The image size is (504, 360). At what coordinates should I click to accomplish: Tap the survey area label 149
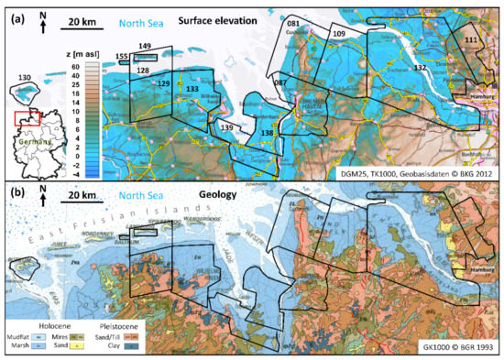point(145,45)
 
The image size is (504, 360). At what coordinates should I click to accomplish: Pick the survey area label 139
point(226,127)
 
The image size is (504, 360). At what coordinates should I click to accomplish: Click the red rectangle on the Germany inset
point(28,116)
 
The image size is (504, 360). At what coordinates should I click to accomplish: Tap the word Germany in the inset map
point(31,143)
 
